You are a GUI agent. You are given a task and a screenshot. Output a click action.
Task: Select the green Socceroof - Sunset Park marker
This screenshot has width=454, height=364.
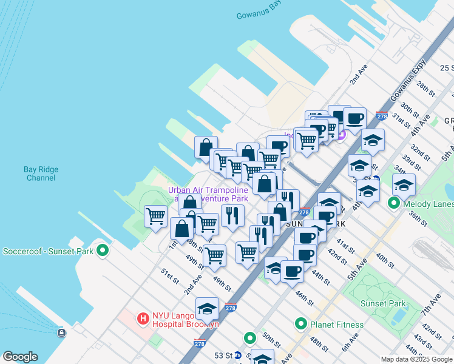[103, 250]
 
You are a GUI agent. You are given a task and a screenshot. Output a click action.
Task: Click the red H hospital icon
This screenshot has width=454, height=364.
[143, 318]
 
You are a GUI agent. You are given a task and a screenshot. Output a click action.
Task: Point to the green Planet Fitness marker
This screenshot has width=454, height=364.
[301, 325]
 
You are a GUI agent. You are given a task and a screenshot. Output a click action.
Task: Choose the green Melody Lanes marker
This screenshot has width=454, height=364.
[393, 204]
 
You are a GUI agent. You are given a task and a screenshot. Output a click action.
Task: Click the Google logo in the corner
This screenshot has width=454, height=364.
[20, 357]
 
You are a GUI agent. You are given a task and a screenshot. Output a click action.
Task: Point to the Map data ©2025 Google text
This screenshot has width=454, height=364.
[416, 359]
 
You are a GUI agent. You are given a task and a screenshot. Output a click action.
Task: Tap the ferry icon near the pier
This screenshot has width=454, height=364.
[61, 332]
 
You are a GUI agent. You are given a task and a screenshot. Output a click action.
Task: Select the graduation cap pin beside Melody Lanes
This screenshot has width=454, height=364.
[404, 184]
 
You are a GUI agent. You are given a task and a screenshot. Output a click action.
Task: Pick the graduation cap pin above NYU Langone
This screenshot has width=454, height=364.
[207, 308]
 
